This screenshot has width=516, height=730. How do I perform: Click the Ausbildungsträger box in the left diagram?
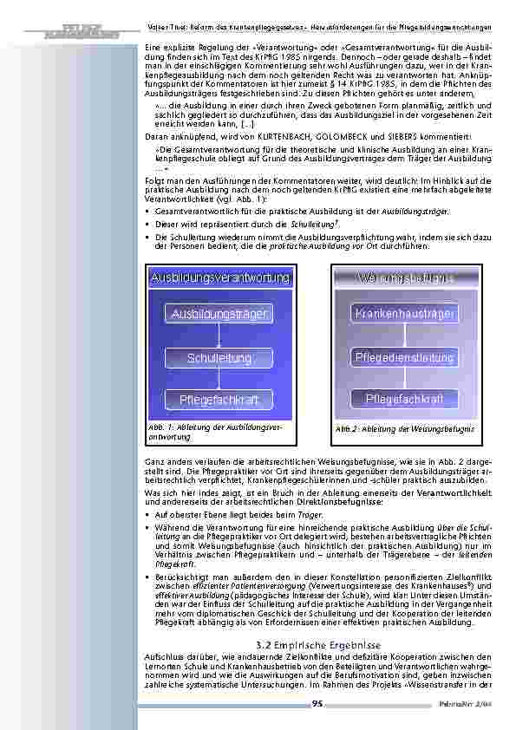[219, 314]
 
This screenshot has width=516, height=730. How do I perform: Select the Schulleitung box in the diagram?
[219, 357]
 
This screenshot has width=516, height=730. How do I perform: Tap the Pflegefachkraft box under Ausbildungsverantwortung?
[219, 400]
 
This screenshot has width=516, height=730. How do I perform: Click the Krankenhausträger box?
[405, 313]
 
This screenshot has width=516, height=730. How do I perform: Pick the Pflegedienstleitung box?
[405, 356]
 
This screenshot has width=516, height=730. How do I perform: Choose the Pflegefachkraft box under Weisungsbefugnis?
[405, 399]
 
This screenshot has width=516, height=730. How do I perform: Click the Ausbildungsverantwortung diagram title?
[220, 277]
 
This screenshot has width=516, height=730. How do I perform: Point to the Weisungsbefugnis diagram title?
[405, 277]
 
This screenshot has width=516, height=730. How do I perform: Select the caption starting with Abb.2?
[404, 429]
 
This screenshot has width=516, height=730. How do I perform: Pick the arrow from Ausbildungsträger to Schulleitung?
[219, 336]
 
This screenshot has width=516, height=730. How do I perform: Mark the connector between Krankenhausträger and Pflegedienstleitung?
[405, 335]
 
